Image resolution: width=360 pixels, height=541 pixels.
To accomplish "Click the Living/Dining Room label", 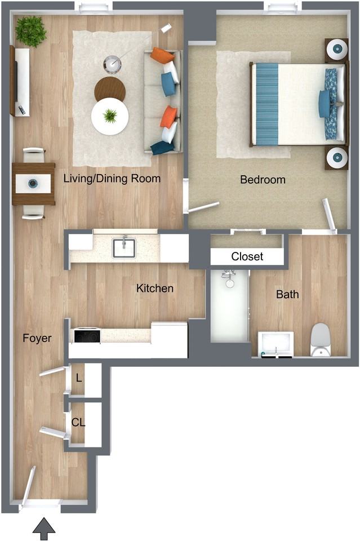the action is click(112, 179).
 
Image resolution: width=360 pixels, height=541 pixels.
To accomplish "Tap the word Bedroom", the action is click(263, 179).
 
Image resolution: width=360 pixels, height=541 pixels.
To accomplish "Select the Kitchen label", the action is click(155, 288).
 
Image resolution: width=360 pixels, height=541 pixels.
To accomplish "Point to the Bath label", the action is click(287, 294).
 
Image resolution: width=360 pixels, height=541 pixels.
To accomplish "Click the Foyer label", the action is click(37, 338).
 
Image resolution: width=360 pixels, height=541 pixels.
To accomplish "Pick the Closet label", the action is click(247, 256).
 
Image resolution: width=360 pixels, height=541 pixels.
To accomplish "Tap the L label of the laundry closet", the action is click(79, 378).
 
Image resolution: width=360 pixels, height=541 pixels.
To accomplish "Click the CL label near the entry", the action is click(78, 422).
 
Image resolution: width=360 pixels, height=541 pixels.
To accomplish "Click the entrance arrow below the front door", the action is click(44, 529).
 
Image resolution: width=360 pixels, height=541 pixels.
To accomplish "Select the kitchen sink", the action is click(124, 247).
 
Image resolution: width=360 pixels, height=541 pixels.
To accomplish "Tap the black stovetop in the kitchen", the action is click(87, 336).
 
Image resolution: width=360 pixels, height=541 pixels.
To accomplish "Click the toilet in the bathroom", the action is click(321, 340).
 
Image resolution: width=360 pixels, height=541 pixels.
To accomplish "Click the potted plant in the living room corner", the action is click(31, 32).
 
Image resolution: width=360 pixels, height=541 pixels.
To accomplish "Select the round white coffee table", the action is click(110, 117).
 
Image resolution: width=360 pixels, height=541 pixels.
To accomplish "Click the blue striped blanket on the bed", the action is click(267, 105).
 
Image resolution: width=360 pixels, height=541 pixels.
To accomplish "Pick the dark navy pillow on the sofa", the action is click(162, 148).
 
